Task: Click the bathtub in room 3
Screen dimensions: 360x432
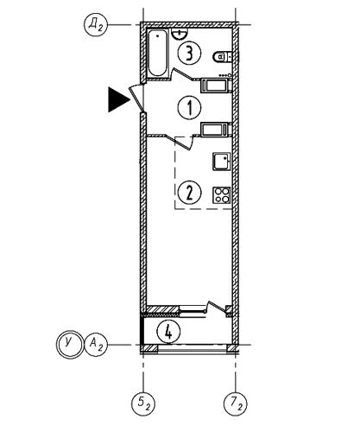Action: pos(157,53)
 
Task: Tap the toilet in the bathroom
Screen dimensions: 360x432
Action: pos(223,56)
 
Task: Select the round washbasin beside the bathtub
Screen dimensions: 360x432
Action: pos(180,34)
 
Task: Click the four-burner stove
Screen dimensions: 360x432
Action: pos(222,195)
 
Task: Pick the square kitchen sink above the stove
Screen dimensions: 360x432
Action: pos(222,162)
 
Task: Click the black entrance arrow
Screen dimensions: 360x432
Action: pos(118,99)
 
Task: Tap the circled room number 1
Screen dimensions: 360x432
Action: pos(189,107)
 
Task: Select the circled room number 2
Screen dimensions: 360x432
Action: pos(189,193)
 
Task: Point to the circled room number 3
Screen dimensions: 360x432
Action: pos(189,53)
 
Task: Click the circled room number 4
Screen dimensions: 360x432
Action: pos(168,332)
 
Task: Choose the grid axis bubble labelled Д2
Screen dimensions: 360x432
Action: pos(96,25)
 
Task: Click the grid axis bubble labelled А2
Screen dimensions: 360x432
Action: pos(96,344)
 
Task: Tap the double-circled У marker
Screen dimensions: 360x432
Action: pos(69,344)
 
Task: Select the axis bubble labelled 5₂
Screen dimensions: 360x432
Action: pos(143,403)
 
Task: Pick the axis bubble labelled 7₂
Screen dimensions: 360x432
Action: pos(236,403)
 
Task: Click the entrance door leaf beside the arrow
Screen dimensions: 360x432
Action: pos(136,98)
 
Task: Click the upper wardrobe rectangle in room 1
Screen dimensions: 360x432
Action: pos(216,86)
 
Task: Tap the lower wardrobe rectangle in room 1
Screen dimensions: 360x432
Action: pos(216,130)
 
